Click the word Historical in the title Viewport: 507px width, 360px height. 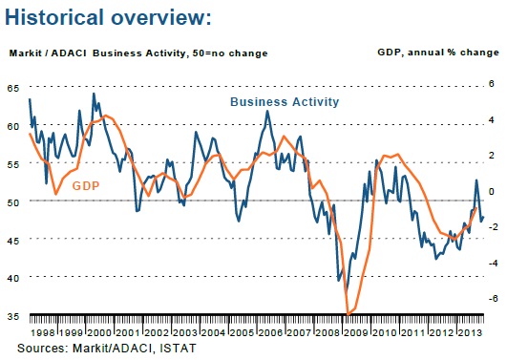(x=54, y=17)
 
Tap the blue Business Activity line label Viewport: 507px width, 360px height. (x=285, y=102)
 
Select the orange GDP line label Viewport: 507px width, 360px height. (x=86, y=186)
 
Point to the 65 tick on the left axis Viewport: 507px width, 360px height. (x=13, y=88)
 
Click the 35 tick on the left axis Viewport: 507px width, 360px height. (x=13, y=316)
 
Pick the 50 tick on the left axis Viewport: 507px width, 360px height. (x=13, y=202)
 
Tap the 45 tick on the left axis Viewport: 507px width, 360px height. (x=13, y=241)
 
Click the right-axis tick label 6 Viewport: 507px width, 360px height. (x=492, y=84)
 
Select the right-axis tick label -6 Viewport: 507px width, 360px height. (x=493, y=298)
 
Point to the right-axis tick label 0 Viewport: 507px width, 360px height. (x=492, y=191)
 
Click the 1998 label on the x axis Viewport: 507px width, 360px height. (x=43, y=333)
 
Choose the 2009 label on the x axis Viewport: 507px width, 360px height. (x=356, y=333)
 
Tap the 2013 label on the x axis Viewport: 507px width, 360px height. (x=470, y=333)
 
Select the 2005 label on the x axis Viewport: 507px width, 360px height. (x=242, y=333)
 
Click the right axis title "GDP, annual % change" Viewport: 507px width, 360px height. (x=438, y=53)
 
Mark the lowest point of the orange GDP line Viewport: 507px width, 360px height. (x=348, y=314)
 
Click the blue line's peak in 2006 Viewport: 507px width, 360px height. (x=267, y=111)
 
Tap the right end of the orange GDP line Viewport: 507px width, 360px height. (x=476, y=208)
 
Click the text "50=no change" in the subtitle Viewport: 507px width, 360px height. (x=230, y=53)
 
